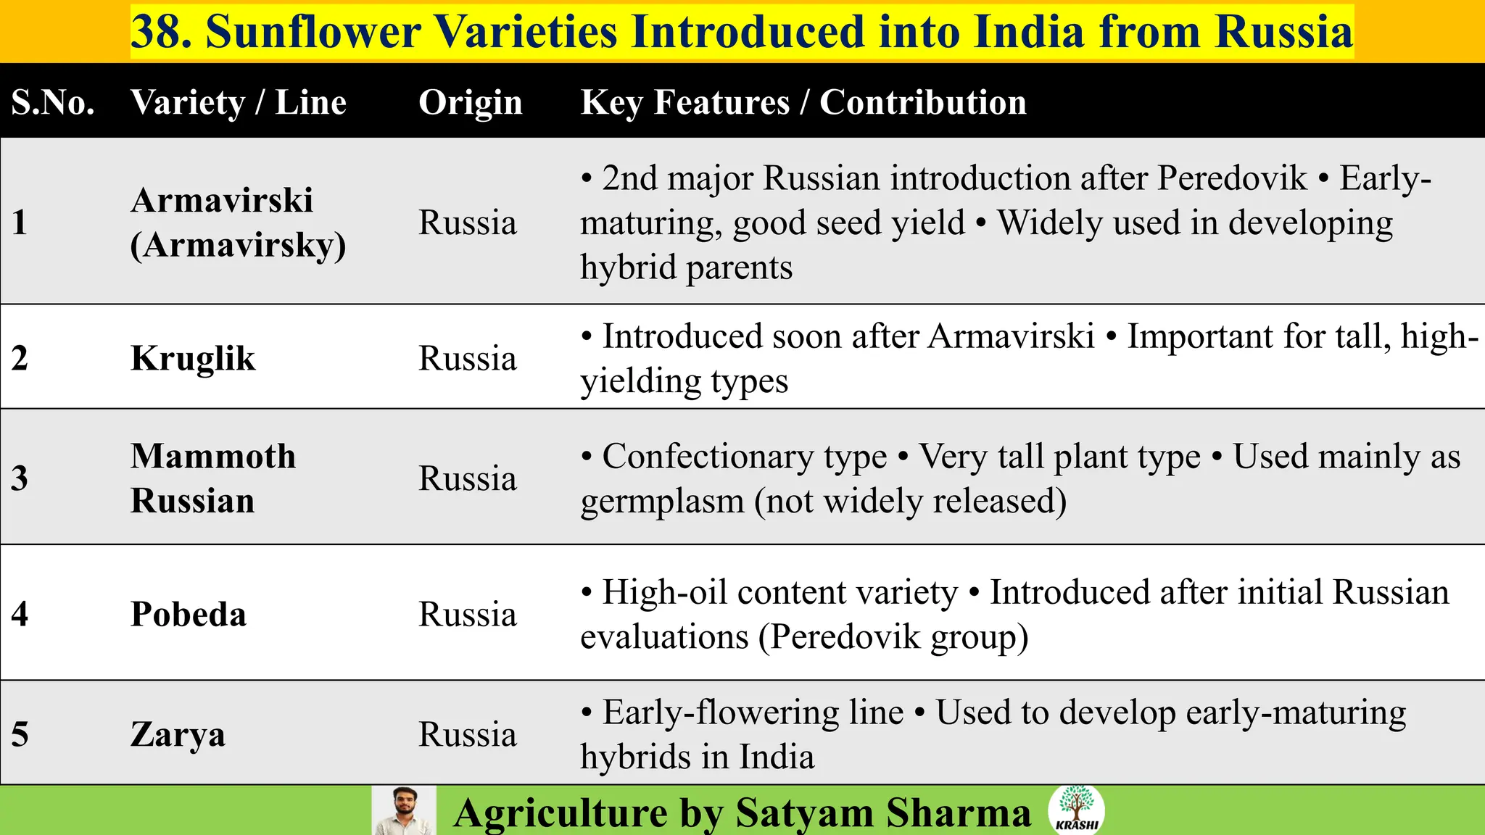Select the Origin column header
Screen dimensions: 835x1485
470,102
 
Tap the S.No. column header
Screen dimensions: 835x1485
53,102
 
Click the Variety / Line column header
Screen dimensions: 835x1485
239,102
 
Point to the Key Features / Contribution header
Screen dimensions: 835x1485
803,102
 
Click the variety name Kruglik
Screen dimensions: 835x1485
193,358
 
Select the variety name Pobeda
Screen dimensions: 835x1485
189,614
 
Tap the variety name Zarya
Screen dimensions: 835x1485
178,734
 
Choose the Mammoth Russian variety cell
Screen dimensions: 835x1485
213,478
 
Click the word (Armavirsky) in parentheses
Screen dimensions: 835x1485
238,245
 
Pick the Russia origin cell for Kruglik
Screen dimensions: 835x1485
468,358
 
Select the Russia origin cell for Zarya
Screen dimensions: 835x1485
468,734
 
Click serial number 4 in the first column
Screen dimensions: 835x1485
20,614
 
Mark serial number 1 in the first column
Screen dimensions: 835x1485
20,222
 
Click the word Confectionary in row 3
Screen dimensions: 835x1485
744,457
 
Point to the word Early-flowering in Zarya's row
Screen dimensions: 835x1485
753,713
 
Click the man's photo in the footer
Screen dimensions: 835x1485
404,811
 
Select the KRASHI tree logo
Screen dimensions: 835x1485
1076,810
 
